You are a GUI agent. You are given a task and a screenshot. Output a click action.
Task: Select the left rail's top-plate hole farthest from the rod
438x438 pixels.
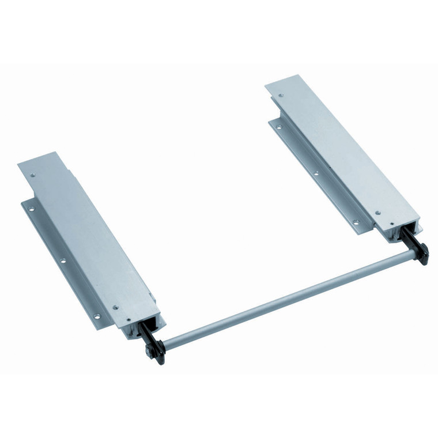tap(33, 173)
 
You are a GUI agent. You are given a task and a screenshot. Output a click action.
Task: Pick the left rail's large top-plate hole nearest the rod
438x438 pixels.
tap(116, 307)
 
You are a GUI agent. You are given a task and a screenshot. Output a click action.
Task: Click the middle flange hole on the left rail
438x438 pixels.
tap(63, 260)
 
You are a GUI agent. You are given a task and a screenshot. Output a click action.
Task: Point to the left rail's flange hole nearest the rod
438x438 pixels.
tap(96, 316)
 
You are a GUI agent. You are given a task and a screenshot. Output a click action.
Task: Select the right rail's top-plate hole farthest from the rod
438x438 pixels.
tap(281, 95)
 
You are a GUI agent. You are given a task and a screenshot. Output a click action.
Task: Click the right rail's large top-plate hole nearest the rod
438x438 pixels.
tap(377, 212)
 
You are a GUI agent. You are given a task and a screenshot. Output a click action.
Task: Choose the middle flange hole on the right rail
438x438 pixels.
tap(315, 172)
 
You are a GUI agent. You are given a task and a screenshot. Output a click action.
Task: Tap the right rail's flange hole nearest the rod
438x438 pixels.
tap(356, 222)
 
